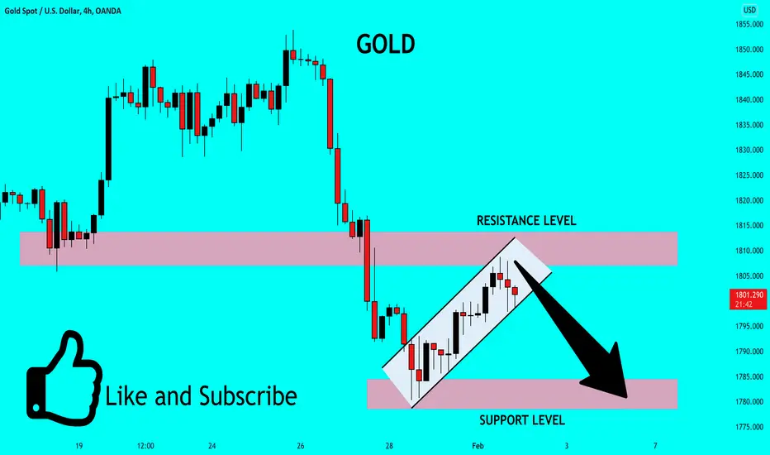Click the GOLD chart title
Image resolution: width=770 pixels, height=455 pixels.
point(386,45)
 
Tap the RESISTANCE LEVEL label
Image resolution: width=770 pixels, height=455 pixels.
point(526,220)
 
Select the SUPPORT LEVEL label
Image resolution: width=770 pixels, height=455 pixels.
point(522,420)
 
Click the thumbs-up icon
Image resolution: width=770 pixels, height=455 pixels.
point(64,378)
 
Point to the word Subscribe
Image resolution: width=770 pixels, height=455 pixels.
point(248,396)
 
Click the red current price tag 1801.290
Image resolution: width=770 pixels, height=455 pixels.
point(748,299)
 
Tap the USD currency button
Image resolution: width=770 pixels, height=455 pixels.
point(749,10)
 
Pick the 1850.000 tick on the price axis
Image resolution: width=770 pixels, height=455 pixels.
point(749,49)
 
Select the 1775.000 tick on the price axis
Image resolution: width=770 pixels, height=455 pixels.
point(749,427)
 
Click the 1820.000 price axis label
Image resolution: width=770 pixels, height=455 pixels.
point(749,200)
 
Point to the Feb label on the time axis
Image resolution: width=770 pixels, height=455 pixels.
point(478,446)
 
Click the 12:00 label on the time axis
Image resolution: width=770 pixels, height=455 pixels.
point(145,446)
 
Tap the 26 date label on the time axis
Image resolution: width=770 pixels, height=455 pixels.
point(301,446)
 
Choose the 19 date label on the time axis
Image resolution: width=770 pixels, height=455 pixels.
point(78,446)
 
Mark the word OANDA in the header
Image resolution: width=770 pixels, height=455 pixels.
point(108,11)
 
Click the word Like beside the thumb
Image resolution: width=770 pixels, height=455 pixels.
point(126,396)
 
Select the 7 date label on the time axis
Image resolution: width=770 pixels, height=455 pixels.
point(655,446)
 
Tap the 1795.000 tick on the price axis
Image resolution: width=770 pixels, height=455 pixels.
point(749,326)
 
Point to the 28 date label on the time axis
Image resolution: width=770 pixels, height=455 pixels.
point(389,446)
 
